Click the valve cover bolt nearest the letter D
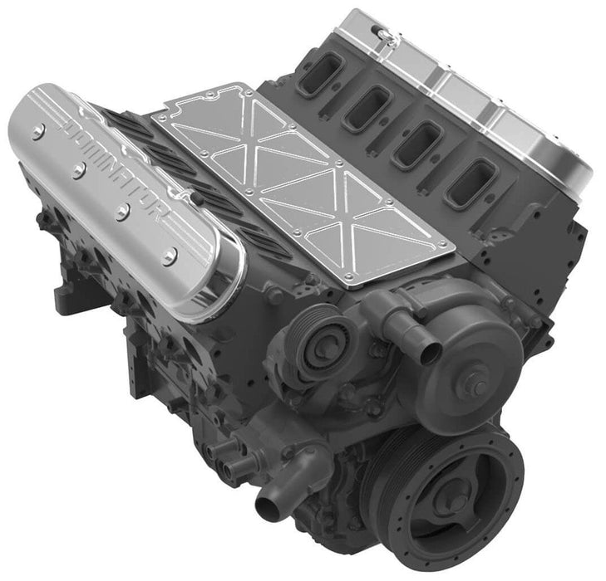pyautogui.click(x=37, y=130)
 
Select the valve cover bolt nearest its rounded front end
pyautogui.click(x=169, y=256)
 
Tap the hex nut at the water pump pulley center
pyautogui.click(x=480, y=385)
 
